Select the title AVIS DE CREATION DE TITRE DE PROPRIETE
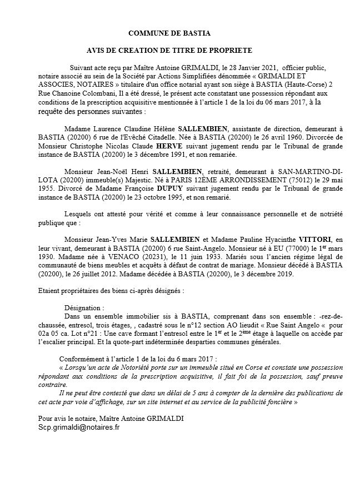point(169,50)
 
